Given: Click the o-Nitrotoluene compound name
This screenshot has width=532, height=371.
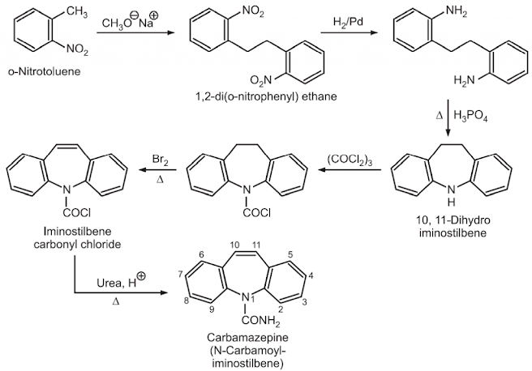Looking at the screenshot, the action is [44, 71].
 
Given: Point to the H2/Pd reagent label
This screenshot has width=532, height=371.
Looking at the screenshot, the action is [348, 22].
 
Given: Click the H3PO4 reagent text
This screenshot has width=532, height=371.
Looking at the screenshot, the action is [470, 116].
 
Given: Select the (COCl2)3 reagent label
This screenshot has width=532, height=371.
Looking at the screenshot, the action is [350, 160].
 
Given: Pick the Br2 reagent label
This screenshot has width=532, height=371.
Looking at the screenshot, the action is [160, 160].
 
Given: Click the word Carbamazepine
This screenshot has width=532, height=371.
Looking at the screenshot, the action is [247, 338].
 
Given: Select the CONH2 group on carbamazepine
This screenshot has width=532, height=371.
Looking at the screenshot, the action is [261, 320].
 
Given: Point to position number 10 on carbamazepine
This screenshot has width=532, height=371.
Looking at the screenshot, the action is [234, 245].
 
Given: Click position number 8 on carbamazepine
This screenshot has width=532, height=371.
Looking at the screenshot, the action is [187, 301].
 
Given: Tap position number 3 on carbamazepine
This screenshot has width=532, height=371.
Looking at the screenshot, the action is [304, 302].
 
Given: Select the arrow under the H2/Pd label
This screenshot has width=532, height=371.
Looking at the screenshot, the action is [349, 33].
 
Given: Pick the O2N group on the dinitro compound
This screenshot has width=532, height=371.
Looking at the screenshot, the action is [260, 80].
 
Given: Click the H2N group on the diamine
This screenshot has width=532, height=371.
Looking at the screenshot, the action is [464, 80].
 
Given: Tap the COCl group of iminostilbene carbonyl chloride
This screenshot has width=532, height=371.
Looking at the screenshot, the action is [77, 213].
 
